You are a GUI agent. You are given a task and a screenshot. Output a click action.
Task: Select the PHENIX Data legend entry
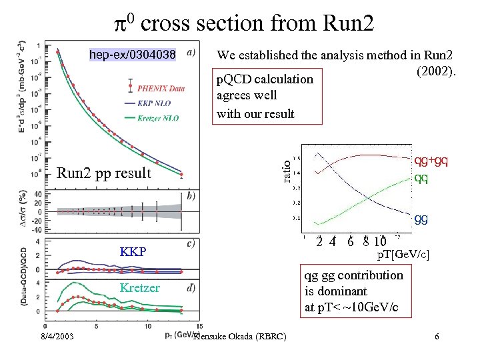pyautogui.click(x=161, y=87)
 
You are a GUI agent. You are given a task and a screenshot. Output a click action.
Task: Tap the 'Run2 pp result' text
pyautogui.click(x=105, y=173)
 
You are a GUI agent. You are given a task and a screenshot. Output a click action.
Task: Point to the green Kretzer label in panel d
pyautogui.click(x=139, y=288)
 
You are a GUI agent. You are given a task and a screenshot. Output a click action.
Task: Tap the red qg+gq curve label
pyautogui.click(x=431, y=160)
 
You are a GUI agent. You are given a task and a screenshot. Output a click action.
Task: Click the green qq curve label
pyautogui.click(x=421, y=178)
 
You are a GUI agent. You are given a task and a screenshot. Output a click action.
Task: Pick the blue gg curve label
pyautogui.click(x=421, y=219)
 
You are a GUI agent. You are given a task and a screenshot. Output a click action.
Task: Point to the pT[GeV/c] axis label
pyautogui.click(x=403, y=255)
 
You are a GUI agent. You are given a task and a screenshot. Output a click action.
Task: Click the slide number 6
pyautogui.click(x=437, y=337)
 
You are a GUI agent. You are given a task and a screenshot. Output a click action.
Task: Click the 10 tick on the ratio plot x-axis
pyautogui.click(x=380, y=241)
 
